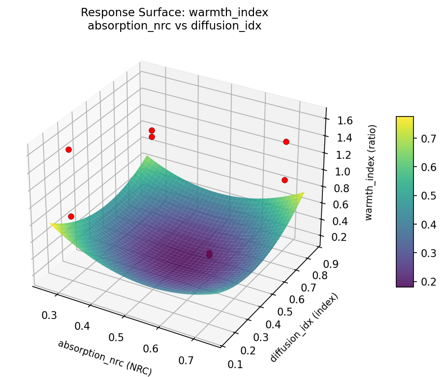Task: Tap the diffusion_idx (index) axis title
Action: (304, 327)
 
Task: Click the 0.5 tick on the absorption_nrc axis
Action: (117, 337)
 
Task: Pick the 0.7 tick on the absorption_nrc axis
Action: (187, 360)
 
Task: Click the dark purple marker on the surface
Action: (209, 254)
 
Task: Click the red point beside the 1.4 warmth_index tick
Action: (286, 142)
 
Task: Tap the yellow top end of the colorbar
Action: (405, 118)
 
